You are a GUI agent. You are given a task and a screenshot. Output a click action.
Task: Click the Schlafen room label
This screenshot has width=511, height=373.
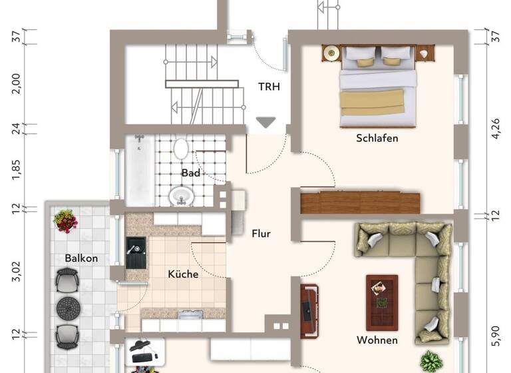point(377,139)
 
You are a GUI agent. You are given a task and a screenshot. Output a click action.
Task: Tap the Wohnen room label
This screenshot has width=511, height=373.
point(377,340)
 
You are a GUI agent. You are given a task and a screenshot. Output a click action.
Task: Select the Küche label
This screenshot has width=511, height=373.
point(183,274)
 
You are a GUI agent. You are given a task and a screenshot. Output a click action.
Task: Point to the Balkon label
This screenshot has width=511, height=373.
point(81,258)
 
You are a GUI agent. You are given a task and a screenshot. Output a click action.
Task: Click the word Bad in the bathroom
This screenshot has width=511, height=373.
point(190,173)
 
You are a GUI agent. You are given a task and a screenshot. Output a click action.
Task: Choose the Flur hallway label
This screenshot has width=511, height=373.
point(261,234)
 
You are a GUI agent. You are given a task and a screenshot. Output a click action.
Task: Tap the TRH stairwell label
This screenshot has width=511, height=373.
point(269,86)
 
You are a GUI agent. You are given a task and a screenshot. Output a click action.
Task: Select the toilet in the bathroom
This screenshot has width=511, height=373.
point(180,148)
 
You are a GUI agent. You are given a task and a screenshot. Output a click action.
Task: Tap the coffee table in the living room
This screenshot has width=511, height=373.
point(382,294)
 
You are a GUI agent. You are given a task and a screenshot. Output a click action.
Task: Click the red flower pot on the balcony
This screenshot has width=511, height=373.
point(65,220)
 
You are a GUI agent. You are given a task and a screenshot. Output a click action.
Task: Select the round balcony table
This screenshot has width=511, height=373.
point(67,309)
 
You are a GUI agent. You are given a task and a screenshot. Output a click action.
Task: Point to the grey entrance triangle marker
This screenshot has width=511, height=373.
point(266,123)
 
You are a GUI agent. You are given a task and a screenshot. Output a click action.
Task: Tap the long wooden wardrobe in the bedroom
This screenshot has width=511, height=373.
point(360,203)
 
